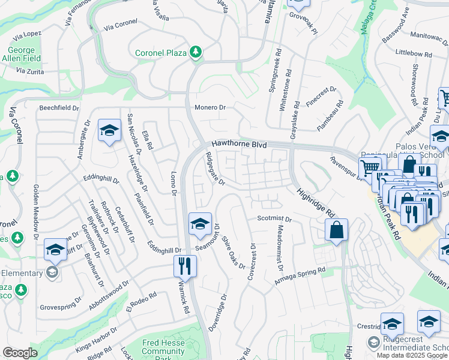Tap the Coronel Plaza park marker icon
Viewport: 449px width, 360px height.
[x=195, y=53]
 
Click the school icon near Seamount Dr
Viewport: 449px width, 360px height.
[x=200, y=223]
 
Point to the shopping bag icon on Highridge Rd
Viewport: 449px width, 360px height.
[x=337, y=229]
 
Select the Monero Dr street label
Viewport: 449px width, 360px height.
[x=209, y=107]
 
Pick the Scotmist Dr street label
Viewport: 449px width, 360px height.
[x=274, y=219]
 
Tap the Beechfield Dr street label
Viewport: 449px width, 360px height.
[x=59, y=108]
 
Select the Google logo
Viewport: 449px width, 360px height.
[x=20, y=353]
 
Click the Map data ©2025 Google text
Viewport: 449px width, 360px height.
[x=412, y=355]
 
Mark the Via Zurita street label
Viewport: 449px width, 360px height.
[x=31, y=71]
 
